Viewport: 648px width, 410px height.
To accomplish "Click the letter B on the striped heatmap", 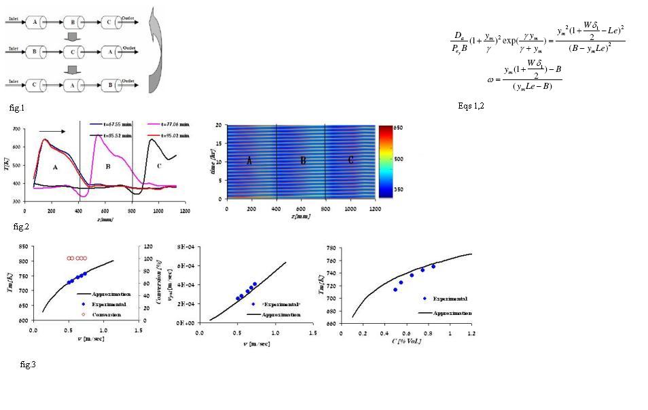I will tap(301, 162).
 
